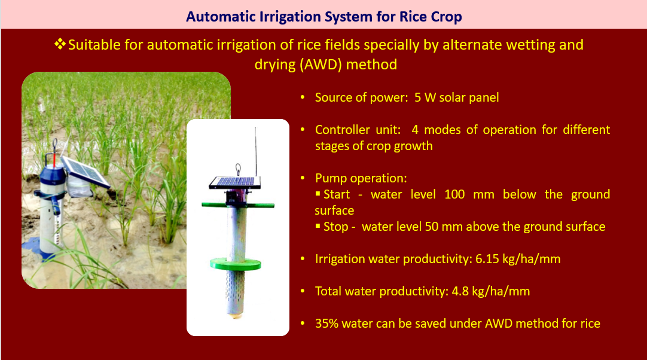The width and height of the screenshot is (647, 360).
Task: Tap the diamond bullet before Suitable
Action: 60,44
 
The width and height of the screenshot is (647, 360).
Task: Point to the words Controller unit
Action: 358,130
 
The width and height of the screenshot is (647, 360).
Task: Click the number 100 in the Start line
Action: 454,194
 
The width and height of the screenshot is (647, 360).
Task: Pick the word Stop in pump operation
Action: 336,227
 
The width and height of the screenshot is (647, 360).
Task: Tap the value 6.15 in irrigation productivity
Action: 487,259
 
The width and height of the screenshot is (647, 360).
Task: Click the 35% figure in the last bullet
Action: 326,324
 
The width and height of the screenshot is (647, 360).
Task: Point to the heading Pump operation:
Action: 361,178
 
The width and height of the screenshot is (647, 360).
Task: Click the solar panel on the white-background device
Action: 235,182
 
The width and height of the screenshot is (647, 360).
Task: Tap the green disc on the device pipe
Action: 236,264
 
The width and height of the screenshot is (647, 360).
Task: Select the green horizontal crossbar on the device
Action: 237,205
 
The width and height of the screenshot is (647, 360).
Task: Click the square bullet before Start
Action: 318,194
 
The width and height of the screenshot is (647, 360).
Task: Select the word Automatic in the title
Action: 221,17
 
